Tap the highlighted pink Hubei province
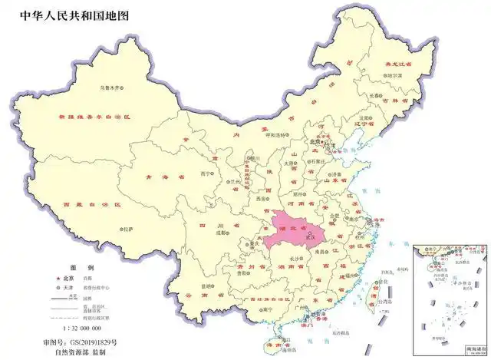pyautogui.click(x=296, y=230)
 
